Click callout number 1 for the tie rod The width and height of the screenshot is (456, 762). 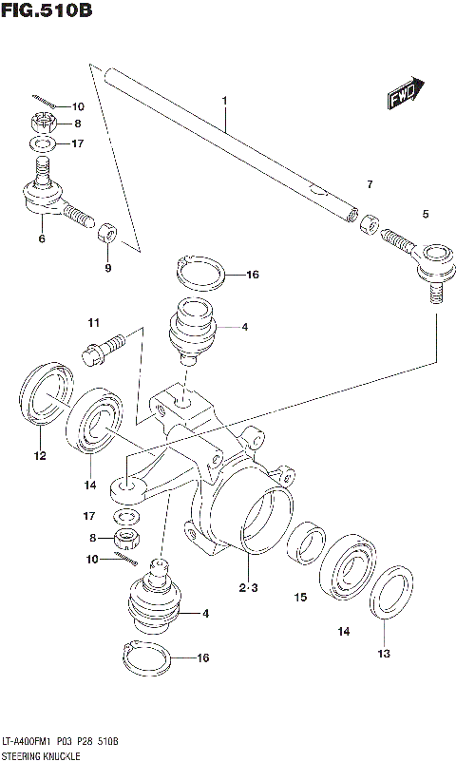224,100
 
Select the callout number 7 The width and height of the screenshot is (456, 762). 370,183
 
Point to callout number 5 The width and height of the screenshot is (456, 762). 426,214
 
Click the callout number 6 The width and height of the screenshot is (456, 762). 42,239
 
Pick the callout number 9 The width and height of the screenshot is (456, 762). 107,268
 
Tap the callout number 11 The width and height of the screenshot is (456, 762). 94,323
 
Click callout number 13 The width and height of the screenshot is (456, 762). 385,653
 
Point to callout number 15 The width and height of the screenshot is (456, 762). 300,598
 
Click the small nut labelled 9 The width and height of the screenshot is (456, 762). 108,234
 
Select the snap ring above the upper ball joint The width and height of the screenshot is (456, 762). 201,274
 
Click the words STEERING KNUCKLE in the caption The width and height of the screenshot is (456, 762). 41,753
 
